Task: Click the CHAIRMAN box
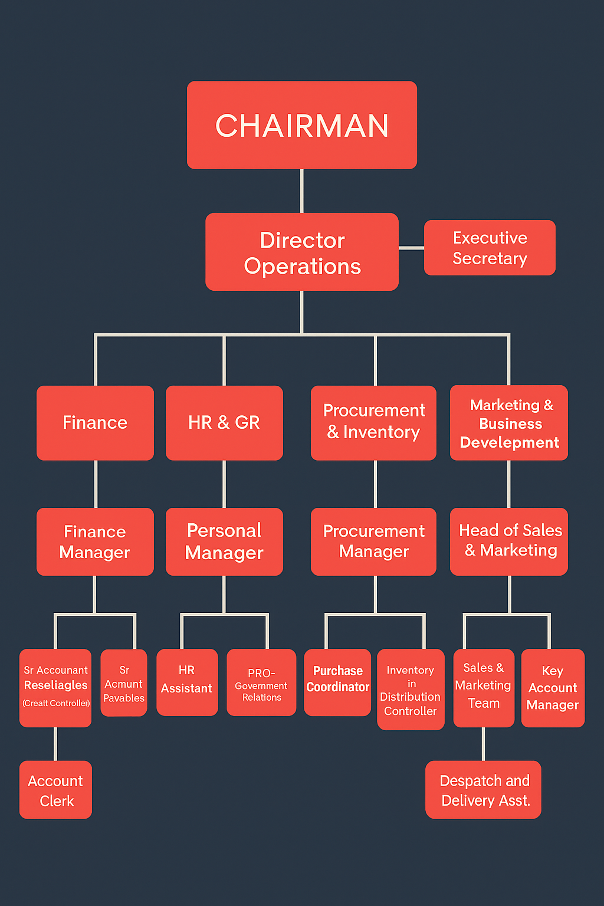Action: (x=302, y=125)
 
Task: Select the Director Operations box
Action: (x=302, y=252)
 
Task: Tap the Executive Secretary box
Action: (x=490, y=248)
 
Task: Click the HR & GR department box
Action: (x=224, y=423)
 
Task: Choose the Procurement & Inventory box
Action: (x=373, y=423)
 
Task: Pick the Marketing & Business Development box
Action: (x=509, y=423)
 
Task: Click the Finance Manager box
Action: (x=95, y=541)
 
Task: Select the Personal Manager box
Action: (x=224, y=541)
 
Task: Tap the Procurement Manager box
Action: (x=373, y=541)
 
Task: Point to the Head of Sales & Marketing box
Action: (x=509, y=541)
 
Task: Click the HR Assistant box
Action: (x=187, y=682)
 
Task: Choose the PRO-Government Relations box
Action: (x=261, y=682)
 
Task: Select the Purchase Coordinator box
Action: (x=337, y=682)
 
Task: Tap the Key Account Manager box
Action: (x=553, y=688)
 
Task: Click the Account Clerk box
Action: (x=55, y=790)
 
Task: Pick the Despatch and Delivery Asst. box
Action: (x=484, y=790)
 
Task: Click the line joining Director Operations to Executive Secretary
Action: (x=411, y=248)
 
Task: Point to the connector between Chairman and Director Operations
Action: (x=302, y=191)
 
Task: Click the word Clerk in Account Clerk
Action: (x=57, y=801)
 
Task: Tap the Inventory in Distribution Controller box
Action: (x=411, y=690)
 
